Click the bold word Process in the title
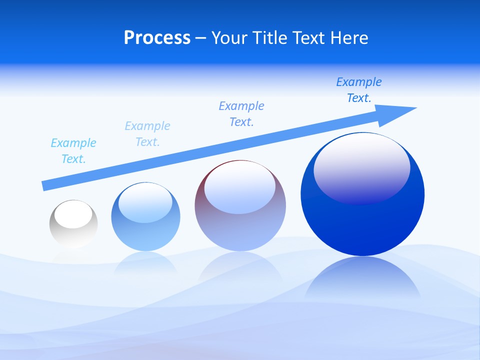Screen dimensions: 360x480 coord(157,38)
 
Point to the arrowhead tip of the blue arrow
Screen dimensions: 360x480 coord(415,108)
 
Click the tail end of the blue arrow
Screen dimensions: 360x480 coord(44,186)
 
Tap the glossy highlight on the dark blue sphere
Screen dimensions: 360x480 coord(361,168)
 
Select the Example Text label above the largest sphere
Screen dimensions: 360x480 coord(359,90)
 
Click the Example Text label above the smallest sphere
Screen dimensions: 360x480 coord(73,151)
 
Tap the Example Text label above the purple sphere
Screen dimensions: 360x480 coord(241,114)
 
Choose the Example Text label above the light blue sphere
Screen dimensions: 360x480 coord(147,134)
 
